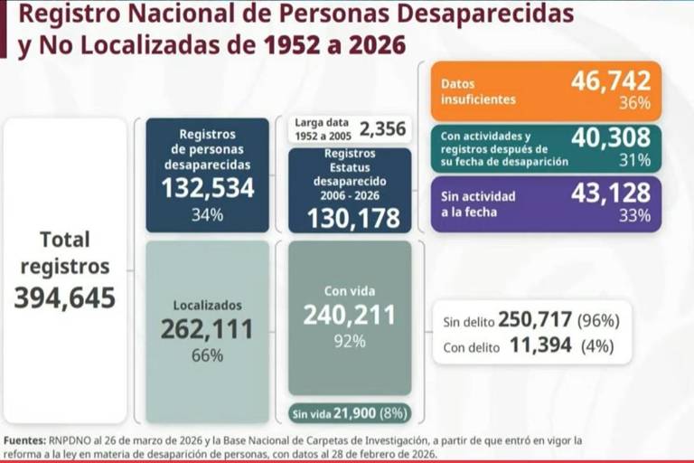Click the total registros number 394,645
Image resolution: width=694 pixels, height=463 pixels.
point(64,298)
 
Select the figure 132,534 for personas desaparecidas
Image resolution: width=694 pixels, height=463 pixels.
point(207,188)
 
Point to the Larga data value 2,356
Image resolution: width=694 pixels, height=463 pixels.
point(383,128)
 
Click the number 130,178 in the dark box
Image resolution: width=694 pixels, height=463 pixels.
point(353,218)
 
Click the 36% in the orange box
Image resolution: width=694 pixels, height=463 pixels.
point(633,103)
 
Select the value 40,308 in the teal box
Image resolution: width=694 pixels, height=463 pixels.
point(610,137)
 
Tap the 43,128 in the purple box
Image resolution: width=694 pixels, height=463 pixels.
point(610,193)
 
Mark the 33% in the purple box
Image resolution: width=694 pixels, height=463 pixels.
point(633,215)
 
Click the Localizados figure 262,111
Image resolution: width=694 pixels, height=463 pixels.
point(207,330)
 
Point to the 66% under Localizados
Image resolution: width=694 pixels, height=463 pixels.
point(207,355)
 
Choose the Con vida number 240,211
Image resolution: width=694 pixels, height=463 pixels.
point(349,315)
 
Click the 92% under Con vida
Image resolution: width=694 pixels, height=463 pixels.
point(349,341)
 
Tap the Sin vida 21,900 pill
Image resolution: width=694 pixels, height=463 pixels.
point(350,413)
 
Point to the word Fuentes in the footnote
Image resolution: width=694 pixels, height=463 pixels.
point(24,440)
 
